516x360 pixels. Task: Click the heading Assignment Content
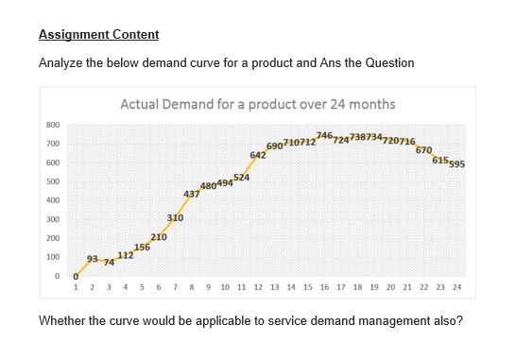click(x=98, y=35)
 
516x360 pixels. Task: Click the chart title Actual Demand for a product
click(x=257, y=104)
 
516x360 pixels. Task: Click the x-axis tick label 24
click(x=457, y=285)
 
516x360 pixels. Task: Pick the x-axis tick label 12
click(x=258, y=285)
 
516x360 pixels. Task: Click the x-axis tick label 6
click(x=159, y=285)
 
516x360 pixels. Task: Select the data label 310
click(x=176, y=218)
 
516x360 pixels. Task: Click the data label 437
click(x=191, y=194)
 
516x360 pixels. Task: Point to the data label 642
click(x=257, y=154)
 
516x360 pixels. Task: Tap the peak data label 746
click(x=324, y=136)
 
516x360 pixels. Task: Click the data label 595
click(x=456, y=164)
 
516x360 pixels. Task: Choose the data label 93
click(x=93, y=258)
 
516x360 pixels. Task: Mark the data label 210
click(x=159, y=236)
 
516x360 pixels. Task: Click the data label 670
click(x=423, y=150)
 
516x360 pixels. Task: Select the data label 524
click(x=241, y=178)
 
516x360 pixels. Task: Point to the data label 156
click(x=142, y=247)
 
